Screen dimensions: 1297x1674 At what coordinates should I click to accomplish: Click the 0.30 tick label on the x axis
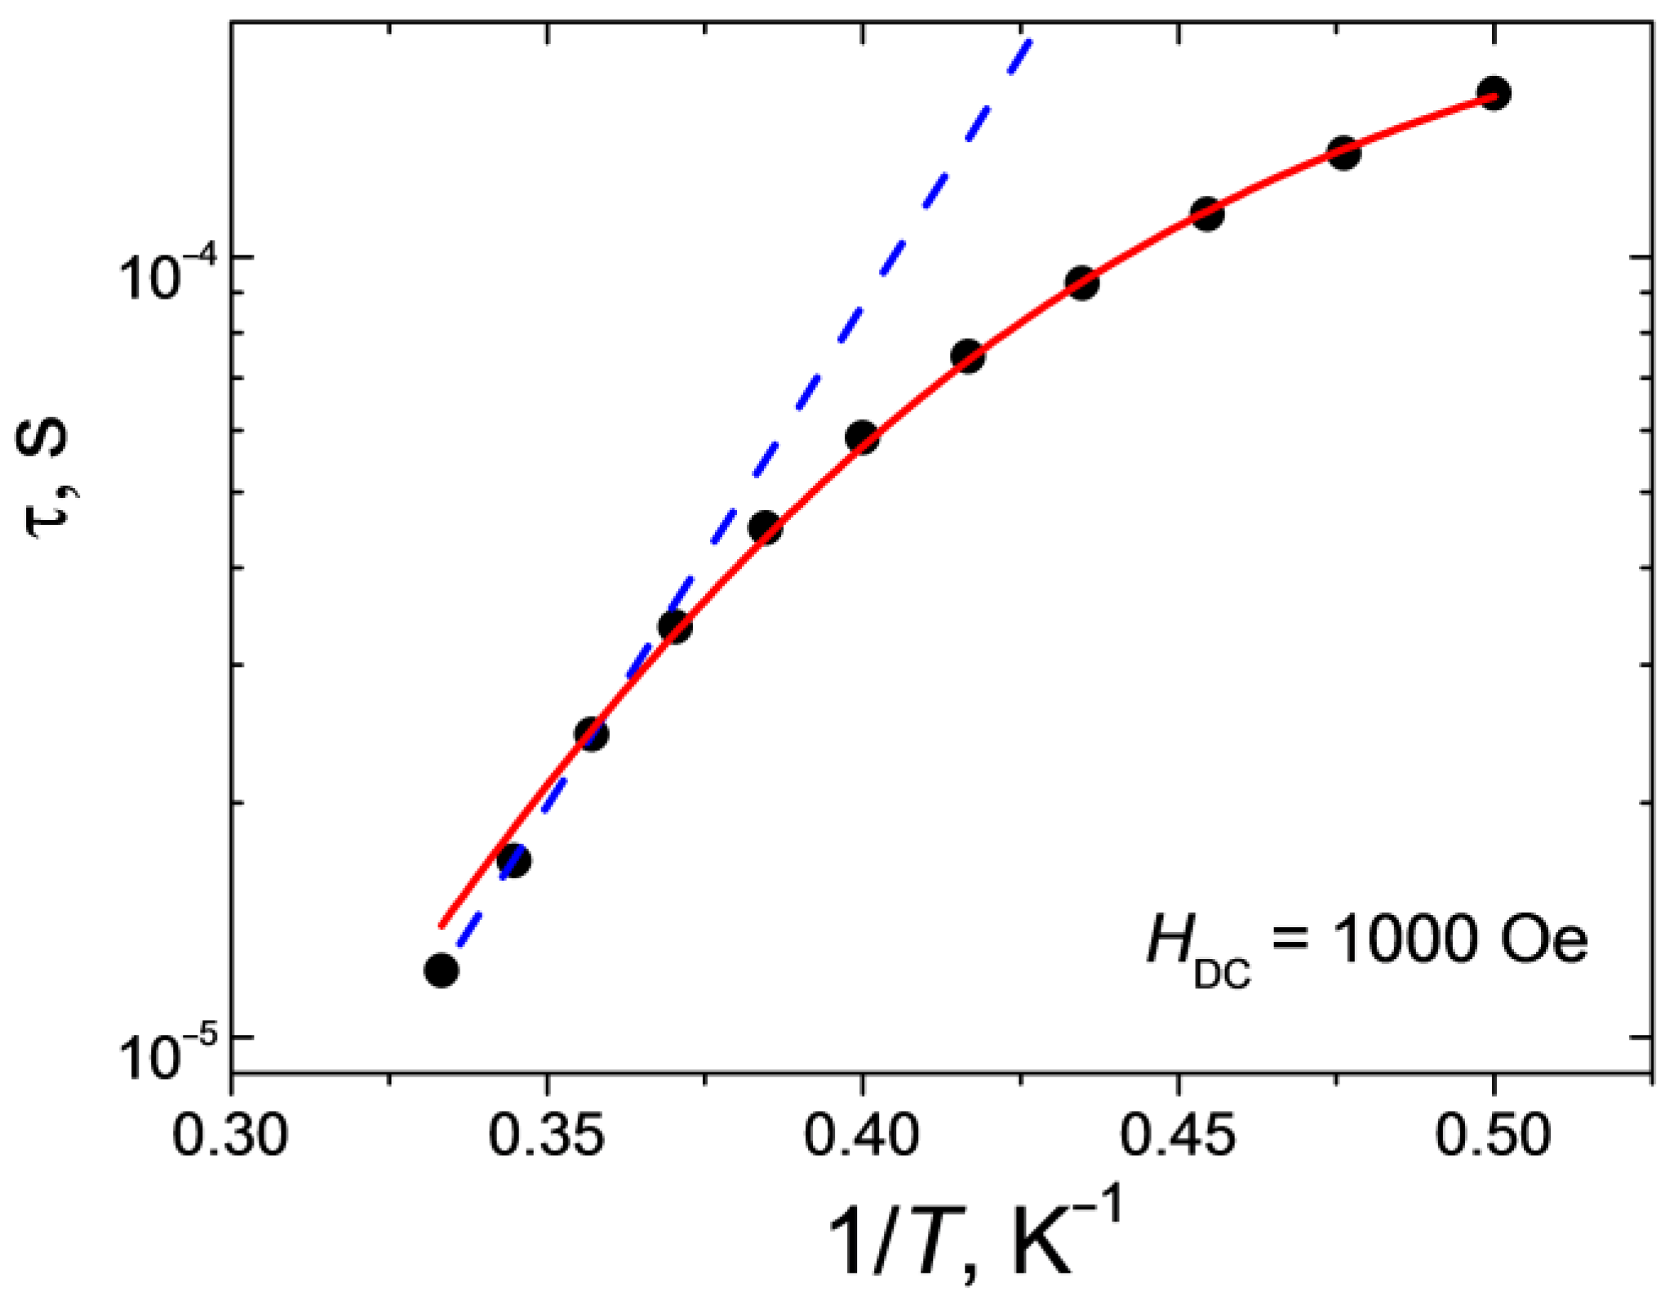[231, 1135]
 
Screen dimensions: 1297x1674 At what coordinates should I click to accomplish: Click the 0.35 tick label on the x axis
[547, 1135]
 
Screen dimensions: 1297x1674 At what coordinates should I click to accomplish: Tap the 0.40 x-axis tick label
[862, 1135]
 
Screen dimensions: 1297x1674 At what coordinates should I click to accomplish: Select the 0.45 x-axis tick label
[1177, 1135]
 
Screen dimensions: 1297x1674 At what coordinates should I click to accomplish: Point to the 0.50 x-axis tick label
[1493, 1135]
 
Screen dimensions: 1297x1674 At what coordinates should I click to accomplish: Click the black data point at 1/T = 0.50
[1494, 93]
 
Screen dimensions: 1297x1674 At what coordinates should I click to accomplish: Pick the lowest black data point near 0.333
[442, 970]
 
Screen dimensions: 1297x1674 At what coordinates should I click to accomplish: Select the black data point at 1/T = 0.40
[862, 437]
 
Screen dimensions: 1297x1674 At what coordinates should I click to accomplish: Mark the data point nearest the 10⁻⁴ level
[1081, 282]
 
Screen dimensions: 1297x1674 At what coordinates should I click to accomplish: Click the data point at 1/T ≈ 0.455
[1207, 213]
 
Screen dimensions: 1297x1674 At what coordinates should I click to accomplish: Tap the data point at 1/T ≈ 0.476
[1343, 153]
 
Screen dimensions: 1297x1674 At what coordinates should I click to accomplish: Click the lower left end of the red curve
[442, 926]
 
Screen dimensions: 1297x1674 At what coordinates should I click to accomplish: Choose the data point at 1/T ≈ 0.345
[513, 859]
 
